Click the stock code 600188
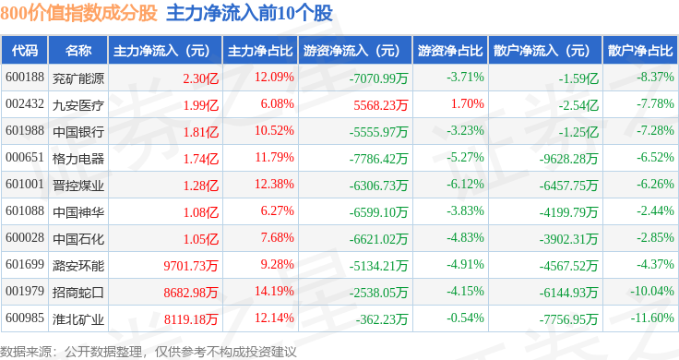click(x=25, y=78)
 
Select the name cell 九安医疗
click(x=78, y=105)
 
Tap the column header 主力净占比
click(x=260, y=51)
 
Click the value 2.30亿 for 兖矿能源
click(x=200, y=78)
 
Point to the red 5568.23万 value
click(x=381, y=105)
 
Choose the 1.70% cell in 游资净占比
click(x=467, y=104)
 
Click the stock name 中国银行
click(x=78, y=132)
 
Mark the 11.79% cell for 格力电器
click(x=274, y=157)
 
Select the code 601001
click(x=25, y=184)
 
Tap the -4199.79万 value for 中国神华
click(x=568, y=212)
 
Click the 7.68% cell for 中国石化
click(x=277, y=238)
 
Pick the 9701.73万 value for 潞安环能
click(x=191, y=266)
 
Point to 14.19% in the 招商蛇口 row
click(x=274, y=291)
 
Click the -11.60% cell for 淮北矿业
click(x=652, y=318)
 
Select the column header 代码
click(x=25, y=51)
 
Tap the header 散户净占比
click(x=640, y=51)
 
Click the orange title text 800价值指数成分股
click(x=78, y=13)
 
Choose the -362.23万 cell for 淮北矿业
click(x=382, y=319)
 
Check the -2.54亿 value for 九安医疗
click(x=578, y=105)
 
